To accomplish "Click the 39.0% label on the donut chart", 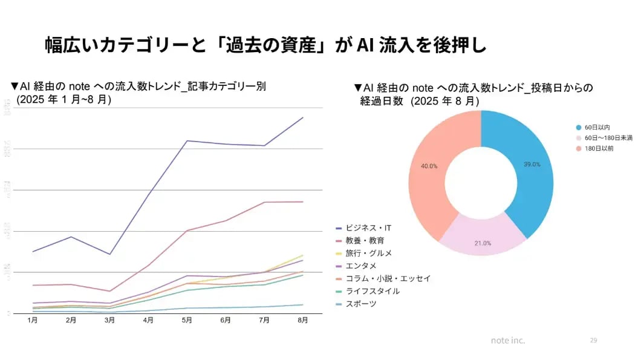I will pos(532,165).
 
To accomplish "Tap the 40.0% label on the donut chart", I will pos(429,166).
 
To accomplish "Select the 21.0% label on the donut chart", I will pos(483,243).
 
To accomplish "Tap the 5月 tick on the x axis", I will pos(187,320).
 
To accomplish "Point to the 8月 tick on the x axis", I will pos(302,320).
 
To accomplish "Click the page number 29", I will pos(593,341).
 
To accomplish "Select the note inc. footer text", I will pos(508,341).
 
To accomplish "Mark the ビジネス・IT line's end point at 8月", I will pos(303,117).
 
